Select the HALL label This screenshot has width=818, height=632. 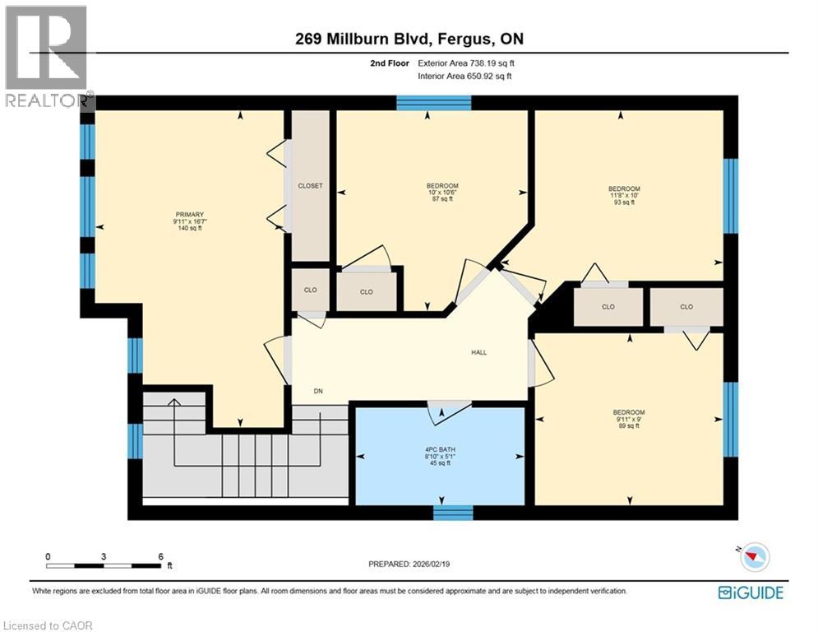(478, 352)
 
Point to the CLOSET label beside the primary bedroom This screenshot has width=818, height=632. (310, 186)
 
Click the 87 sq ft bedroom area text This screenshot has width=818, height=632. (442, 199)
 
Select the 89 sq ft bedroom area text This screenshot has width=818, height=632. (628, 426)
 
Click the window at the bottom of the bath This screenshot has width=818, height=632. (453, 513)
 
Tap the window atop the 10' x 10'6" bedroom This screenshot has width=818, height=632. (433, 103)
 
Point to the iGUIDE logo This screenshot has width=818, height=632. (750, 592)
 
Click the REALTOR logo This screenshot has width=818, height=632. (47, 58)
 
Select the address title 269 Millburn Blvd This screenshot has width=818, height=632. (408, 39)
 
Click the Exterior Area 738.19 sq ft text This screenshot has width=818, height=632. (466, 63)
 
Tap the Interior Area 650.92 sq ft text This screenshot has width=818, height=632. (464, 76)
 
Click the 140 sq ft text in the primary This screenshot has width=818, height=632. (189, 228)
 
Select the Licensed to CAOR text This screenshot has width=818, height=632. (47, 625)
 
